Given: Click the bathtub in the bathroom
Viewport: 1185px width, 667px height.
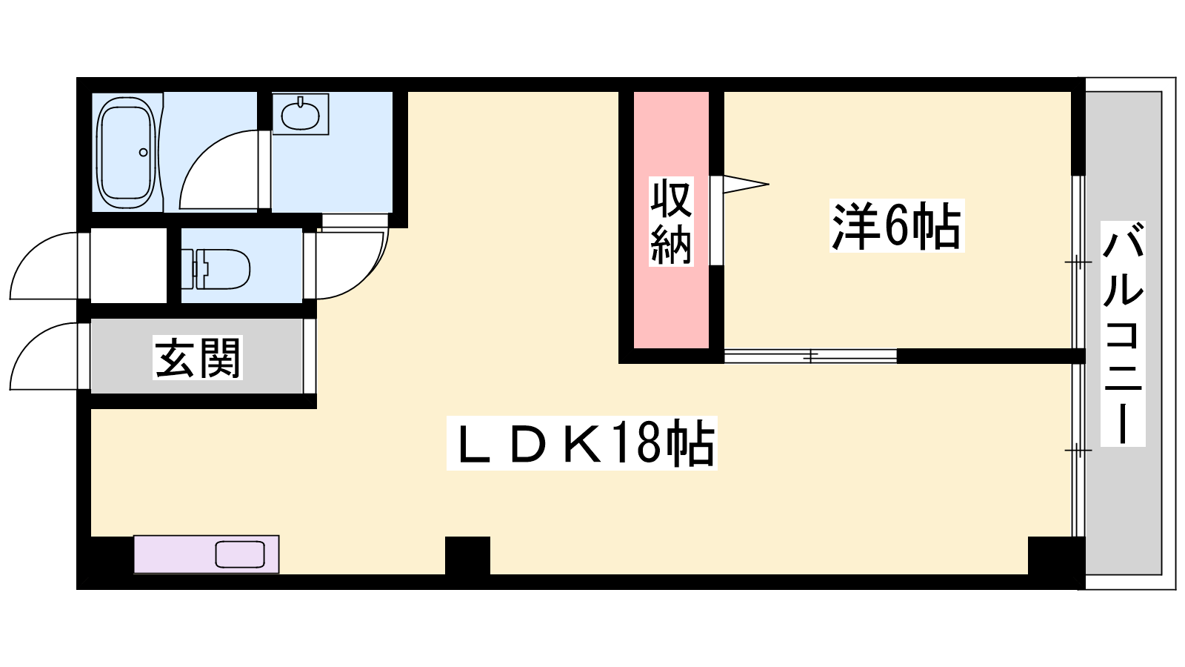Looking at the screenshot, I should pos(127,153).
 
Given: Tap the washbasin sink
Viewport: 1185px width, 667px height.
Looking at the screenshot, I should pos(300,114).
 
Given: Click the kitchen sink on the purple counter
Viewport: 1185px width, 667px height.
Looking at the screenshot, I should pos(239,554).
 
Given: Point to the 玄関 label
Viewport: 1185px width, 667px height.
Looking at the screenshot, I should pos(198,358).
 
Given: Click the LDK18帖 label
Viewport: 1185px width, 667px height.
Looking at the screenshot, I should pos(582,444).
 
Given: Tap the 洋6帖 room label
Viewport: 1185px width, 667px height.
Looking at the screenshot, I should pos(896,225).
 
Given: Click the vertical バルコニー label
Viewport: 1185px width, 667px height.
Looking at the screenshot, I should pos(1123,333).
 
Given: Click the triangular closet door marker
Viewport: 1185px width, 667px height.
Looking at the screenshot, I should pos(744,184).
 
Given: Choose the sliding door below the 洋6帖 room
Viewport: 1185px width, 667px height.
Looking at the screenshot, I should pos(810,356).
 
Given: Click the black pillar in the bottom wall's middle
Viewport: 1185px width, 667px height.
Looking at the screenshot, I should pos(467,555).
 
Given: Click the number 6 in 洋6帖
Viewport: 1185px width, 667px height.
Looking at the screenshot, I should pos(895,225).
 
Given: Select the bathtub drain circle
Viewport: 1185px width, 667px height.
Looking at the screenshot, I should pos(144,153).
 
